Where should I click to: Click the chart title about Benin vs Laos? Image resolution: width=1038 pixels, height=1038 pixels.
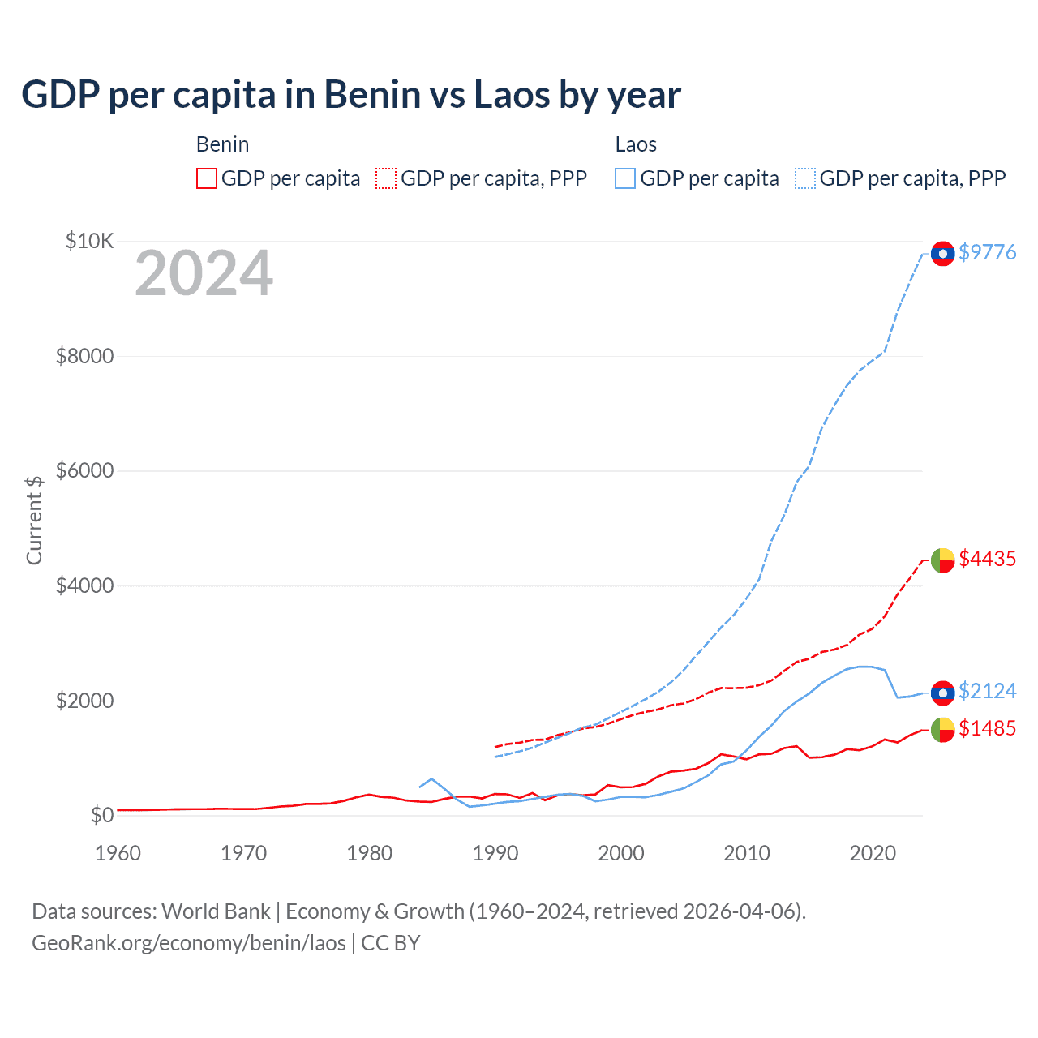(350, 95)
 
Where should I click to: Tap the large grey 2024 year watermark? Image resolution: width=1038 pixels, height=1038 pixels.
(204, 274)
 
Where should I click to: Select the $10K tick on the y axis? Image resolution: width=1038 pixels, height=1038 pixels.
(89, 241)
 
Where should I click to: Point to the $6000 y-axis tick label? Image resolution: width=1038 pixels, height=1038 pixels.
(84, 470)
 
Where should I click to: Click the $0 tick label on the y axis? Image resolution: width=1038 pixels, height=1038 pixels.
(101, 815)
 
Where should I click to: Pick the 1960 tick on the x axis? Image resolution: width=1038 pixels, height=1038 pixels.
(118, 853)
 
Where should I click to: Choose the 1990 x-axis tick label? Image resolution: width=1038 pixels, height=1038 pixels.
(495, 853)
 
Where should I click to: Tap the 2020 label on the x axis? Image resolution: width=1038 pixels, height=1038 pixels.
(873, 853)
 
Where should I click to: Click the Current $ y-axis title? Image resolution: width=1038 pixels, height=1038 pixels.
(34, 520)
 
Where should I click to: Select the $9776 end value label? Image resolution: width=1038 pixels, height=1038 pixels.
(987, 252)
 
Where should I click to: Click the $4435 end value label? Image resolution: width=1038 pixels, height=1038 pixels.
(987, 559)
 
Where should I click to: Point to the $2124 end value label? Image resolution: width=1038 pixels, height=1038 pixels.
(987, 691)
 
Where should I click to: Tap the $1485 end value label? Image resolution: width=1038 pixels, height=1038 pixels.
(987, 728)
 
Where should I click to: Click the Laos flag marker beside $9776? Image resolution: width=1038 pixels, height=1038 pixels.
(942, 254)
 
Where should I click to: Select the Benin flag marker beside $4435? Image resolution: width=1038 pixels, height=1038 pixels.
(942, 560)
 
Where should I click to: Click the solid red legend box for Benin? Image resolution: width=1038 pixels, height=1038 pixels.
(207, 178)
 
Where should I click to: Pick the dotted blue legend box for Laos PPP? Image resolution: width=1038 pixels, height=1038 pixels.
(805, 178)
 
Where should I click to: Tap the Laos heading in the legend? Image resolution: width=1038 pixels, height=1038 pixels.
(636, 144)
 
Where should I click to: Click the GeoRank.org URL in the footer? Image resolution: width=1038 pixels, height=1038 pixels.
(188, 943)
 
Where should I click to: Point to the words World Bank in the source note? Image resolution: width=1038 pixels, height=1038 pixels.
(216, 911)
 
